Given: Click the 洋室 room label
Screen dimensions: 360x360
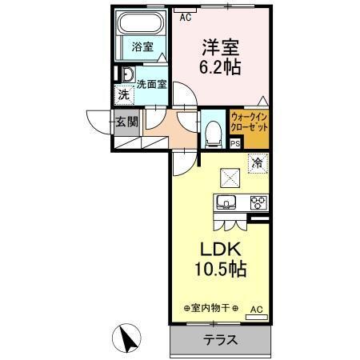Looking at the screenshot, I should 220,47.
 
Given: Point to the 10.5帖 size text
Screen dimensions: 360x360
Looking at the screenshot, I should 220,269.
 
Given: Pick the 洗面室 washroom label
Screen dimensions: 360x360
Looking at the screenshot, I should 150,82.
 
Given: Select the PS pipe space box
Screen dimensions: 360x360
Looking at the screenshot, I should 234,144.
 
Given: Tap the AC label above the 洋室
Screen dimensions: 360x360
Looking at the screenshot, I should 186,16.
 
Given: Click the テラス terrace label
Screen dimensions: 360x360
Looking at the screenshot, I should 220,339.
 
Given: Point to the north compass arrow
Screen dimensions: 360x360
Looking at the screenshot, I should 126,338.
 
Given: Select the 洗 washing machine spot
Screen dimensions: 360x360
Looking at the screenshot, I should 124,94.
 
